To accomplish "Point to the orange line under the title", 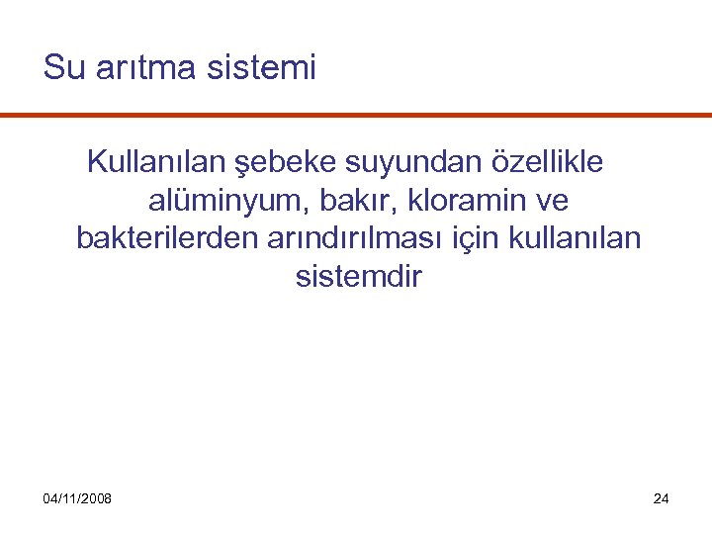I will (356, 116).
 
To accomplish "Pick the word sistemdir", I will (358, 278).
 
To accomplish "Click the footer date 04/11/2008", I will (77, 498).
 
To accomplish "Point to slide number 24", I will (662, 498).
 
